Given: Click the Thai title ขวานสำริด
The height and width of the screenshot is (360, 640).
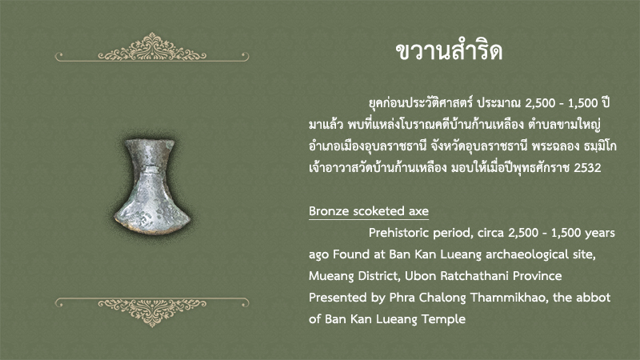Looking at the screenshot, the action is pos(449,52).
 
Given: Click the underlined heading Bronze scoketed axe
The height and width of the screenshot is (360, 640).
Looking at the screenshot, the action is pos(369,211).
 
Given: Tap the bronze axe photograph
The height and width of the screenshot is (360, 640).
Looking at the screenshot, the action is pos(152,186).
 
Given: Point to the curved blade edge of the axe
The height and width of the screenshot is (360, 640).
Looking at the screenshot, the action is pos(152,228).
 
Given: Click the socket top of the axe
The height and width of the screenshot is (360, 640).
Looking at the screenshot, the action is pos(150,142).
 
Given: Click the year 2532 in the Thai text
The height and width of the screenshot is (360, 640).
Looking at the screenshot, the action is pos(587,168).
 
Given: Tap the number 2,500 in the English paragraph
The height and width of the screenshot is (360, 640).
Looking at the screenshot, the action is pos(523,233).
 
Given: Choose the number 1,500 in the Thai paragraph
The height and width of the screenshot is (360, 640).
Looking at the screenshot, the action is pos(583,103).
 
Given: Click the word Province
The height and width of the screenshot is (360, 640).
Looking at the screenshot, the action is pos(537,276).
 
